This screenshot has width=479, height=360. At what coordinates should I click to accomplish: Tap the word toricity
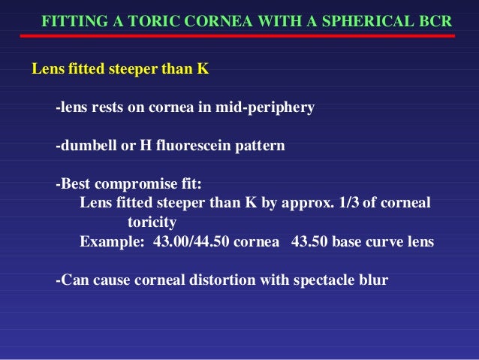tap(152, 222)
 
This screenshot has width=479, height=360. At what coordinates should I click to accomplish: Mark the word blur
tap(374, 281)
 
